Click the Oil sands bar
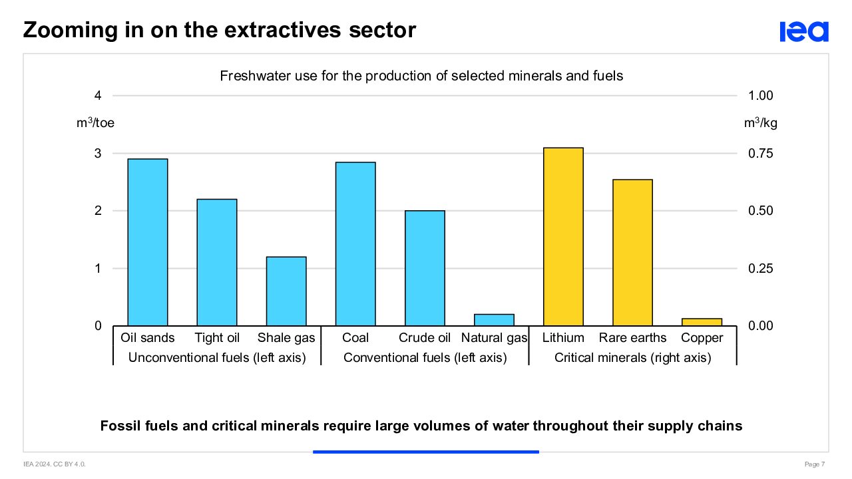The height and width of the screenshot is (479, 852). (148, 242)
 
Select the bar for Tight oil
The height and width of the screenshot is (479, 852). (217, 262)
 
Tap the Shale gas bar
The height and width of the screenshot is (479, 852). (286, 291)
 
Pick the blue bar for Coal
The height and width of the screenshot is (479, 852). (355, 243)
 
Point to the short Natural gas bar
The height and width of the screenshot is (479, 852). (494, 320)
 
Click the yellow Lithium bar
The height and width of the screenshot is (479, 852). (563, 236)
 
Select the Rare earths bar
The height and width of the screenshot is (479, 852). (632, 252)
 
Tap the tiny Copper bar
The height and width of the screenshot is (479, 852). (702, 322)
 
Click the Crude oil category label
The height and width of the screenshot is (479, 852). (425, 338)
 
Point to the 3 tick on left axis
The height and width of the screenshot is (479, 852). (98, 154)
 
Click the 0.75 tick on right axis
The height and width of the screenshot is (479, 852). (761, 154)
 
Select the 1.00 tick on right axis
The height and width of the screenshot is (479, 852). (761, 96)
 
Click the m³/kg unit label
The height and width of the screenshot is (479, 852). (760, 123)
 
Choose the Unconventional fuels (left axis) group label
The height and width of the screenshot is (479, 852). (217, 358)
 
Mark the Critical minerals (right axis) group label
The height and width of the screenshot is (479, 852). (632, 358)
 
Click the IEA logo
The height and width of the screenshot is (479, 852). (804, 31)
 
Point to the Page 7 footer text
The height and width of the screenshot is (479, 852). (815, 464)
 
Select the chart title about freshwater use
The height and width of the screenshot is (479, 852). (421, 76)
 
